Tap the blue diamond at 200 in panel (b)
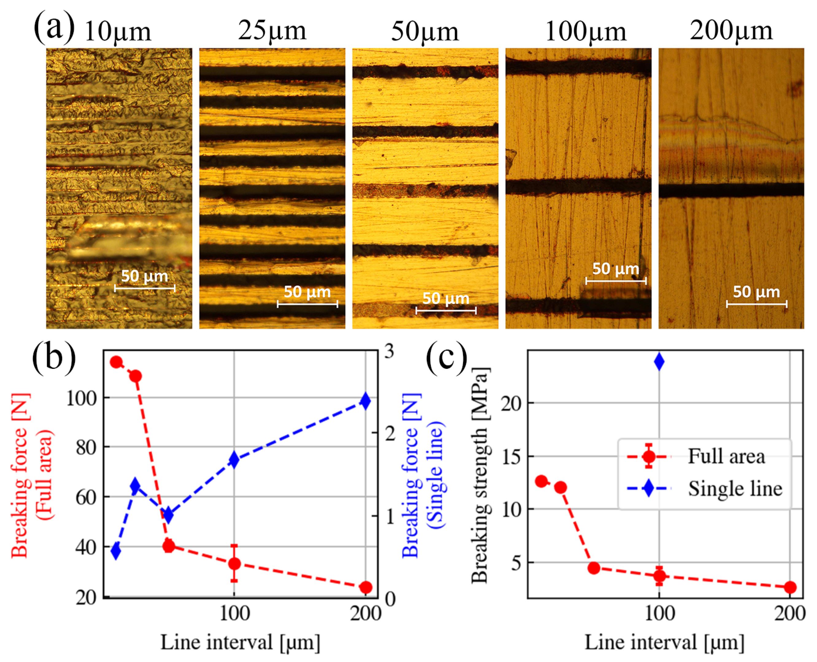(366, 401)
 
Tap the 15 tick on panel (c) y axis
(512, 457)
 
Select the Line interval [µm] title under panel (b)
(240, 642)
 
